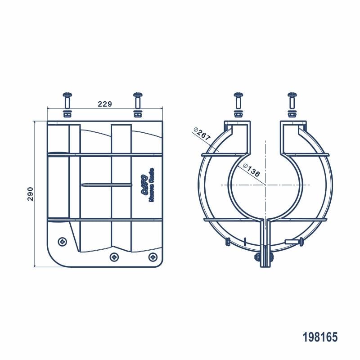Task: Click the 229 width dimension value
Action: click(104, 104)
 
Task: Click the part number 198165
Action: click(319, 337)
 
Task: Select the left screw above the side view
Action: click(67, 103)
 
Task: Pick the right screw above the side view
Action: click(138, 103)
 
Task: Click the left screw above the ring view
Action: click(238, 103)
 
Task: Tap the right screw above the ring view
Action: click(292, 103)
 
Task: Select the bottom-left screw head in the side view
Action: click(62, 242)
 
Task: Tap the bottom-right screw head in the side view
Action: click(153, 257)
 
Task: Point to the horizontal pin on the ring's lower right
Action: click(295, 243)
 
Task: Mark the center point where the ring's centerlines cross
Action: click(265, 185)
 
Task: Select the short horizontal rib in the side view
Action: click(107, 184)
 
